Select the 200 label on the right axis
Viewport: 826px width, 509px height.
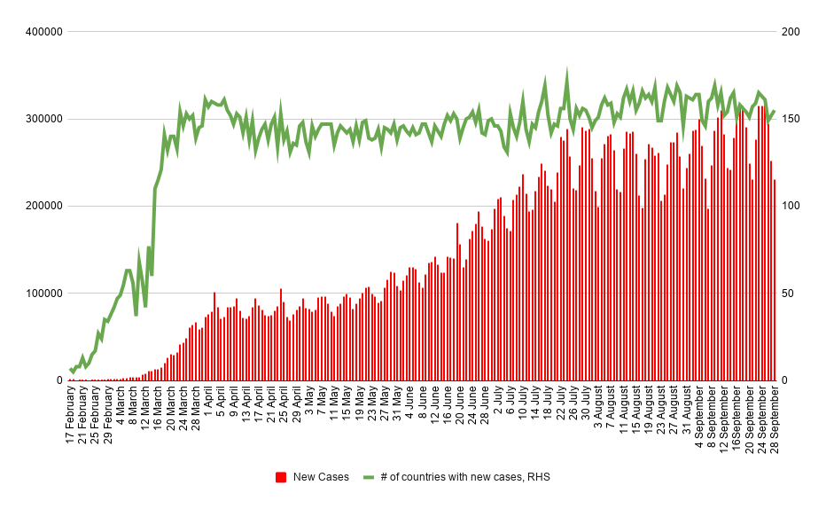point(791,32)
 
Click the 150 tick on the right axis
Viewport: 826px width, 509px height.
point(791,119)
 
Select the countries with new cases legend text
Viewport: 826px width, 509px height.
point(465,477)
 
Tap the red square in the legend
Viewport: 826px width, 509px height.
point(281,477)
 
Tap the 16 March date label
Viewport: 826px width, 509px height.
point(159,411)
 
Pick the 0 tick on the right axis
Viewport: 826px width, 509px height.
point(784,380)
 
